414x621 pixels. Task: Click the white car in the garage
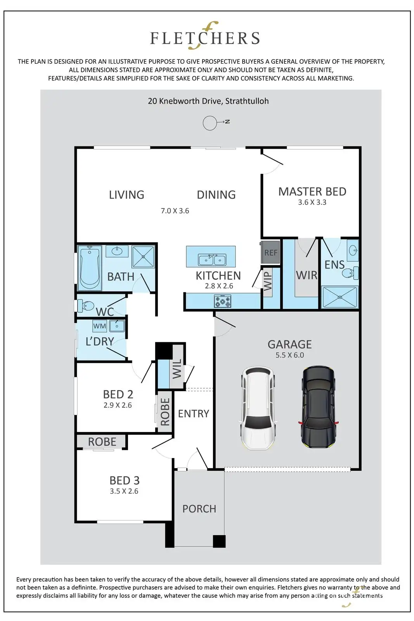point(258,408)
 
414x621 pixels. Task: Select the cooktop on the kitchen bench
point(222,301)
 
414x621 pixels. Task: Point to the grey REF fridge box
point(270,252)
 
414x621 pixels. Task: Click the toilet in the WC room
point(85,305)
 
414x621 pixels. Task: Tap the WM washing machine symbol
point(99,326)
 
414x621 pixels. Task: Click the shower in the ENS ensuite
point(340,297)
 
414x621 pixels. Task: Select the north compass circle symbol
point(210,123)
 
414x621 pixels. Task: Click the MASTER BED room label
point(312,192)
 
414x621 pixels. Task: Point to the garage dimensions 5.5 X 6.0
point(289,355)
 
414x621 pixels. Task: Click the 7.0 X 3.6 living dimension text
point(175,211)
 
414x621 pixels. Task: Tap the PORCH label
point(199,509)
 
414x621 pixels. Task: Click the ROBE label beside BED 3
point(102,442)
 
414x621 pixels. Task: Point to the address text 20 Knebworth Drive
point(185,101)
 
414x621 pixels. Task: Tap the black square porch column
point(219,541)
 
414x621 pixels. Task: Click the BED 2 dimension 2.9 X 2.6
point(118,405)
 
